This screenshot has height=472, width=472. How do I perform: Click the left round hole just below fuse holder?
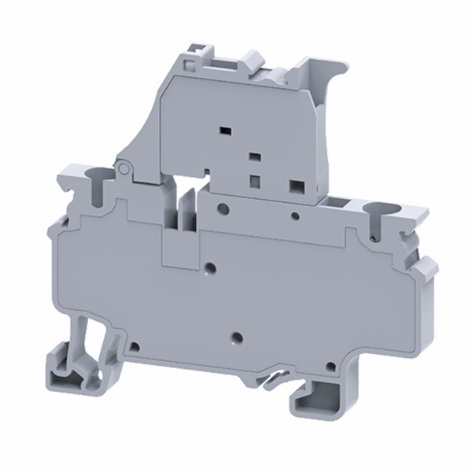224,208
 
